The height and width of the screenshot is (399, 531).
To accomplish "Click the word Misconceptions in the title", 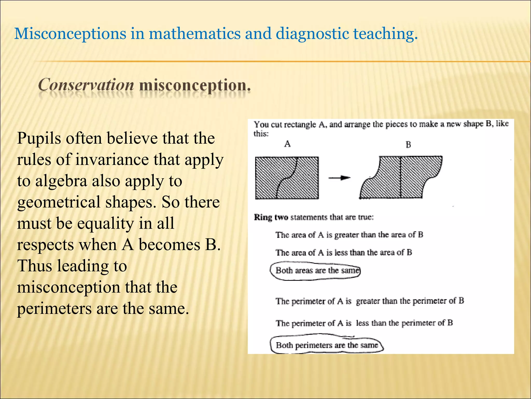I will click(70, 34).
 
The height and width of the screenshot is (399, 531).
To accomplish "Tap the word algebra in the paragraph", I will click(61, 181).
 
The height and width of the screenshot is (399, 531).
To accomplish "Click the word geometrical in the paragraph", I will click(59, 203).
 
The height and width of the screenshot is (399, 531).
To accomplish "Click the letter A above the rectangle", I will click(287, 144).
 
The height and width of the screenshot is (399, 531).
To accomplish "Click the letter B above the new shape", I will click(408, 144).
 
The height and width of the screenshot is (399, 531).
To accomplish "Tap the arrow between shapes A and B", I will click(339, 178).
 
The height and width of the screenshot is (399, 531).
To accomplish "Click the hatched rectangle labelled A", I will click(287, 178).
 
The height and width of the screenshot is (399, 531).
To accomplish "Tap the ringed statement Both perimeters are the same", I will click(327, 345).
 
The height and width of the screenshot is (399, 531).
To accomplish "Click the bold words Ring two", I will click(271, 217).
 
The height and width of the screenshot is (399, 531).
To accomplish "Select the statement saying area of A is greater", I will click(349, 235).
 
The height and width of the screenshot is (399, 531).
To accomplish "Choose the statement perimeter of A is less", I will click(364, 323).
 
